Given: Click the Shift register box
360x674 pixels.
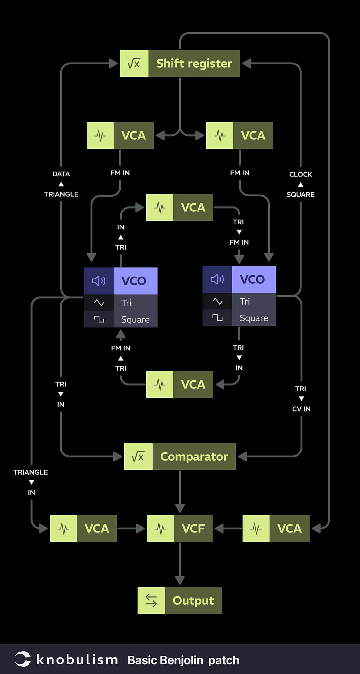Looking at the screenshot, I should point(180,64).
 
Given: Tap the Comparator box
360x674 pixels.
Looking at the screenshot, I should point(180,456).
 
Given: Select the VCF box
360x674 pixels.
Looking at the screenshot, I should point(180,528).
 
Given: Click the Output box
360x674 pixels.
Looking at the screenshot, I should point(180,600).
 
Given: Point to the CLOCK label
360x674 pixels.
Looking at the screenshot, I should point(300,174).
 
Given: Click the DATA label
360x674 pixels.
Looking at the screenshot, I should point(61,174).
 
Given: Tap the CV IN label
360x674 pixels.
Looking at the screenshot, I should point(301,409).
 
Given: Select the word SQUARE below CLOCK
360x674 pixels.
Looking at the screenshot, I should point(300,194).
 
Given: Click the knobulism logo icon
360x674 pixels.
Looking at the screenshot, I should point(23,659).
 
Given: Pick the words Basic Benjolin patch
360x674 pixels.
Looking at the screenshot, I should point(183,660).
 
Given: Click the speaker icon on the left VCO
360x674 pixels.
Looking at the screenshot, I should point(99,280).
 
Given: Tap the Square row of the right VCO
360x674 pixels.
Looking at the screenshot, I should point(239,318).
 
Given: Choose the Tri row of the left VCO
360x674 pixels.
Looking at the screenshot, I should point(121,303).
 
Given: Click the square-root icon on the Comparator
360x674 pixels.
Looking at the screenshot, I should point(138,456).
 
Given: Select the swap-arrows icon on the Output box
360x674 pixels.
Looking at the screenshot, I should point(151,600).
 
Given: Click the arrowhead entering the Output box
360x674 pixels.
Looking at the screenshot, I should point(180,580).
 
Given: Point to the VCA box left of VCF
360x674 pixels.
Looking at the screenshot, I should point(83,528).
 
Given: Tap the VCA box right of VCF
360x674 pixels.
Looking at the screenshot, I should point(276,528).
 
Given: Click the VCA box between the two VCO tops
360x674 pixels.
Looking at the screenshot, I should point(180,207).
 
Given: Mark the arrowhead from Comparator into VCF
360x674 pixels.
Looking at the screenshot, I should point(180,508).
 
